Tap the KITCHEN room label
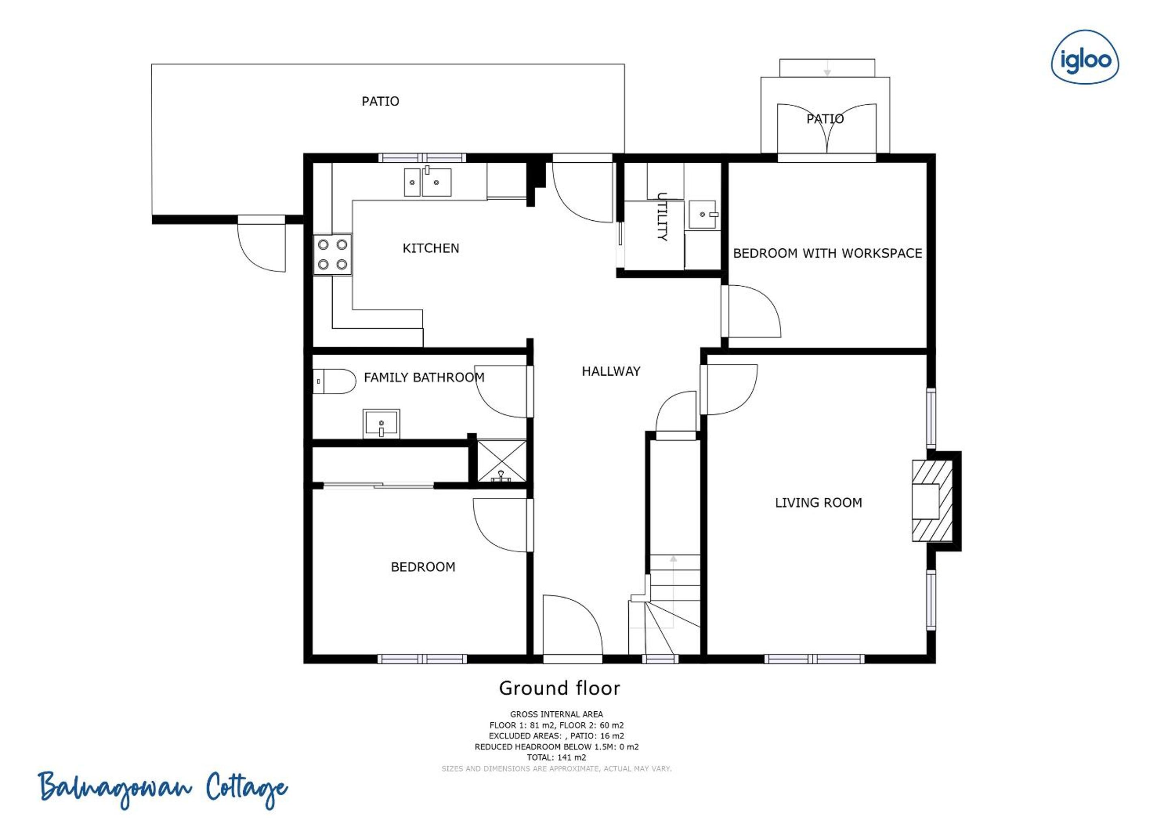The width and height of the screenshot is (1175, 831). pos(431,248)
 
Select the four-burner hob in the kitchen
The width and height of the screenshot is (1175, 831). pos(333,254)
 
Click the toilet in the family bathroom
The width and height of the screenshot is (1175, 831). pos(334,381)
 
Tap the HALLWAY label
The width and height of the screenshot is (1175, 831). pos(611,372)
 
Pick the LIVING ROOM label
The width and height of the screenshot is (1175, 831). pos(818,503)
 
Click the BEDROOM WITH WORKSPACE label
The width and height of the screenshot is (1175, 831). pos(828,253)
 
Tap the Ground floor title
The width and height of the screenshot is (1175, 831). pos(559,688)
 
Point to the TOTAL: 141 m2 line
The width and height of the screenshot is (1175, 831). pos(557,757)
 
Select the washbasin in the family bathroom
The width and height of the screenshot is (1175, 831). pos(381,424)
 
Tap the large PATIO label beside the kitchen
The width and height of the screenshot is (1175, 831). pos(380,101)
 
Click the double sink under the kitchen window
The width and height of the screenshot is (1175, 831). pos(428,182)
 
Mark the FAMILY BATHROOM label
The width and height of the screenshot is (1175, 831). pos(424,378)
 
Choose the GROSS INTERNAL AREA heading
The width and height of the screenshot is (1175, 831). pos(557,714)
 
